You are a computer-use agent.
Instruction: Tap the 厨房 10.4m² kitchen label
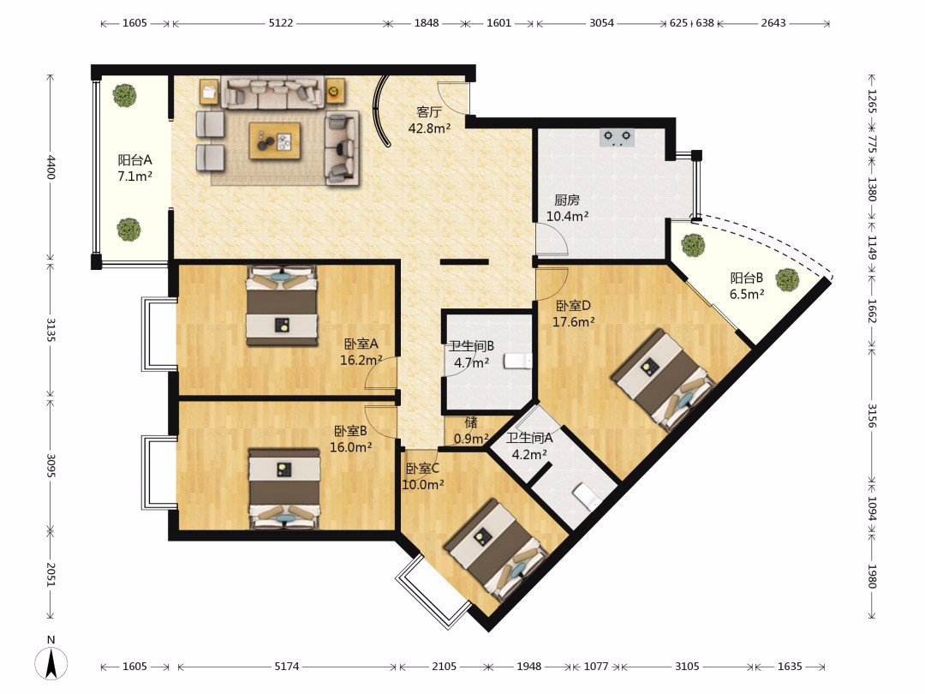[x=567, y=208]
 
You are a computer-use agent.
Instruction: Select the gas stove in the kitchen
[x=617, y=137]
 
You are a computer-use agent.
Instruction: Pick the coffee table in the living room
[x=274, y=141]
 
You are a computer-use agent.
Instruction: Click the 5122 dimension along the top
[x=281, y=23]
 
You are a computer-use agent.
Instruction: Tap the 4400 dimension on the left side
[x=51, y=167]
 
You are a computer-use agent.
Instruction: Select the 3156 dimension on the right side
[x=872, y=416]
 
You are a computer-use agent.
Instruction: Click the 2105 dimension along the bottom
[x=444, y=667]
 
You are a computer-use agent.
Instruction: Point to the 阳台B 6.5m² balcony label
[x=747, y=285]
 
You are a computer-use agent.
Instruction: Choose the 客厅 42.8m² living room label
[x=429, y=120]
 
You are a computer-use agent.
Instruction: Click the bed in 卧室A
[x=282, y=305]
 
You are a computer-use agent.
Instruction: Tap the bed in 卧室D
[x=664, y=380]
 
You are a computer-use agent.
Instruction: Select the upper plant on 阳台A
[x=124, y=96]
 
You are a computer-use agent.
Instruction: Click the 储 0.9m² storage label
[x=471, y=431]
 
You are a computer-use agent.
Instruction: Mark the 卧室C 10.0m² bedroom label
[x=422, y=477]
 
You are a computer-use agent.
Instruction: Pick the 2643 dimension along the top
[x=773, y=23]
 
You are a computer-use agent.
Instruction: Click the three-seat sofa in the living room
[x=272, y=93]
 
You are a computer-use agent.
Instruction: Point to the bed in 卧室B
[x=284, y=488]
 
